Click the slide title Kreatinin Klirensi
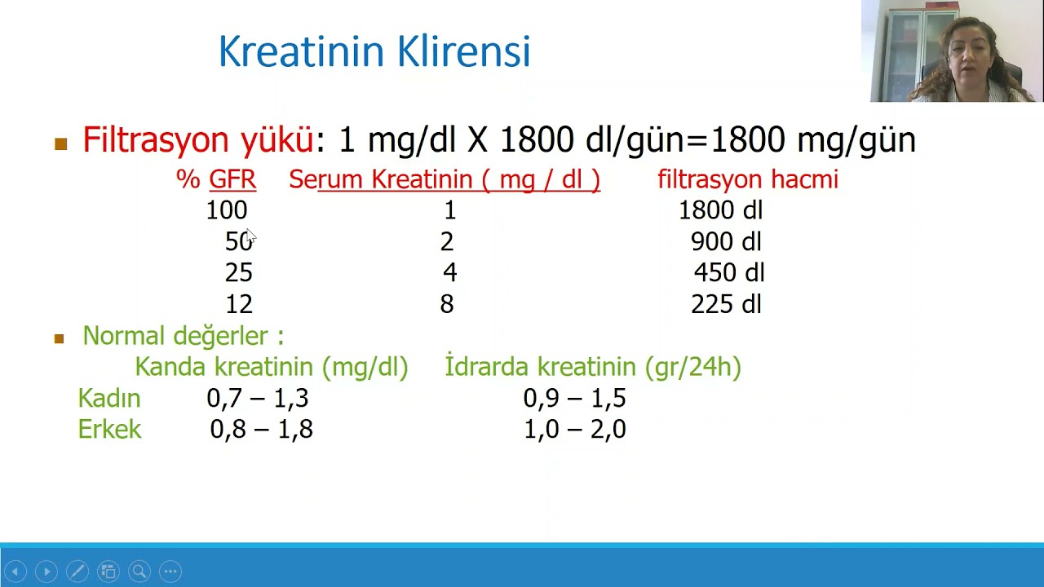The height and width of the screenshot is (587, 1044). pos(374,51)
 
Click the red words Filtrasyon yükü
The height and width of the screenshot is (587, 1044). pos(198,140)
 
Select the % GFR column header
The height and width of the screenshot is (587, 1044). pos(216,179)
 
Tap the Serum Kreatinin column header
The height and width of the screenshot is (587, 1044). pos(445,179)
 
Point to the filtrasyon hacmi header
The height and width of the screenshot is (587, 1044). pos(747,179)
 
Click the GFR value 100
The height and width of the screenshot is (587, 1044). pos(226,210)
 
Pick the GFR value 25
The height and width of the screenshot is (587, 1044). pos(239,272)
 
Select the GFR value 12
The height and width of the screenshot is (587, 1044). pos(239,304)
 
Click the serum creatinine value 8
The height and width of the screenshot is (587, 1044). pos(447,304)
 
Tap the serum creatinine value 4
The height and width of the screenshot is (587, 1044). pos(450,272)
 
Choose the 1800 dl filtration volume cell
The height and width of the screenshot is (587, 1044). pos(720,210)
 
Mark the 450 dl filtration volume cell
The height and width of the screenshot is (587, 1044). pos(728,272)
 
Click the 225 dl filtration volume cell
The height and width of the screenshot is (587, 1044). pos(726,304)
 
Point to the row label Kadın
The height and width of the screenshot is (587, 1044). pos(109,399)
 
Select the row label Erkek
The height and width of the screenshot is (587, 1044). pos(109,430)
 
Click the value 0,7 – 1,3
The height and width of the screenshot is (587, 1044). pos(258,399)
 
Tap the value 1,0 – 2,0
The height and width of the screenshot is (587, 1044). pos(574,430)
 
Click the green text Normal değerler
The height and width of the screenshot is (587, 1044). pos(183,336)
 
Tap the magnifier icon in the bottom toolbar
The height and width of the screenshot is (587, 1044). pos(139,572)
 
